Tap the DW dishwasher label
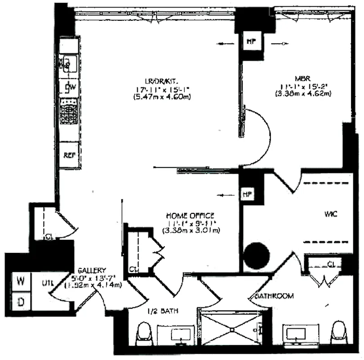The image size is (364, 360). point(70,87)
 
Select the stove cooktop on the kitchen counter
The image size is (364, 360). point(70,112)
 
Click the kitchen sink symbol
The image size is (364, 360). point(69,63)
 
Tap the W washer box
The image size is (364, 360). point(20,281)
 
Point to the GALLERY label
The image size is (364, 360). point(92,271)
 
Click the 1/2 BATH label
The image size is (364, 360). point(159,310)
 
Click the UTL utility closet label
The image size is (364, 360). point(48,283)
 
